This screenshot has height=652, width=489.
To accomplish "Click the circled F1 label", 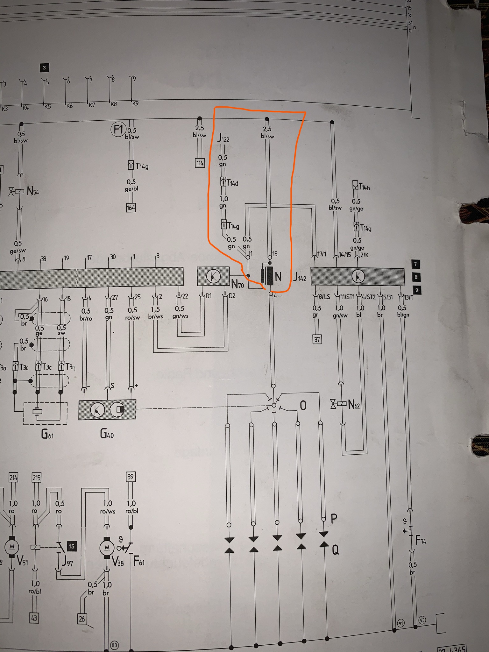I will (x=118, y=130).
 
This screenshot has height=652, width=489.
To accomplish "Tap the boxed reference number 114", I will (x=200, y=163).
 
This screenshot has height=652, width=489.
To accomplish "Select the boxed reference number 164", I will (x=131, y=208).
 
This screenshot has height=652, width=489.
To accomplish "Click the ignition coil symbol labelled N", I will (x=268, y=276).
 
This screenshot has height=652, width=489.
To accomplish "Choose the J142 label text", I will (x=300, y=277).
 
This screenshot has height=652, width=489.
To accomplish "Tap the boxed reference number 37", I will (x=317, y=339).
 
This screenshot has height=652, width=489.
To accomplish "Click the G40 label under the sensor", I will (x=107, y=434).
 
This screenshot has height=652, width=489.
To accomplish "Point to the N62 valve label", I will (x=354, y=405).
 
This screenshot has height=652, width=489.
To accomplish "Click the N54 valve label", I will (x=33, y=191).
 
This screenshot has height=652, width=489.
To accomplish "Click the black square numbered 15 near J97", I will (x=72, y=547).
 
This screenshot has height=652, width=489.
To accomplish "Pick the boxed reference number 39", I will (x=131, y=477).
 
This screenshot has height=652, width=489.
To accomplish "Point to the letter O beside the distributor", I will (x=303, y=406).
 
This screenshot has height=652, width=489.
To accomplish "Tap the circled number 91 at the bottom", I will (x=401, y=623).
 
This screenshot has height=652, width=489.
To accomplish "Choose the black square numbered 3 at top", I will (x=44, y=67).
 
